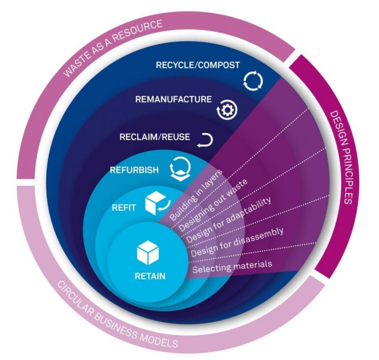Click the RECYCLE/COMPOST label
coord(198,65)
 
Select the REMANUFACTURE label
coord(173,99)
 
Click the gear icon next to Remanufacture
coord(227,110)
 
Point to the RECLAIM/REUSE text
coord(155,137)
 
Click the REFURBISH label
coord(134,170)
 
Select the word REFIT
coord(124,208)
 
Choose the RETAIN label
coord(150,276)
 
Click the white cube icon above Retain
coord(148,252)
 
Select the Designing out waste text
coord(213,205)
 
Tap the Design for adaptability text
coord(229,220)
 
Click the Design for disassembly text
coord(237,242)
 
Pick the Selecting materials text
coord(232,267)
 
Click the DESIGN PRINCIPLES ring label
coord(341,157)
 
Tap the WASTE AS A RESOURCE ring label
coord(113,48)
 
